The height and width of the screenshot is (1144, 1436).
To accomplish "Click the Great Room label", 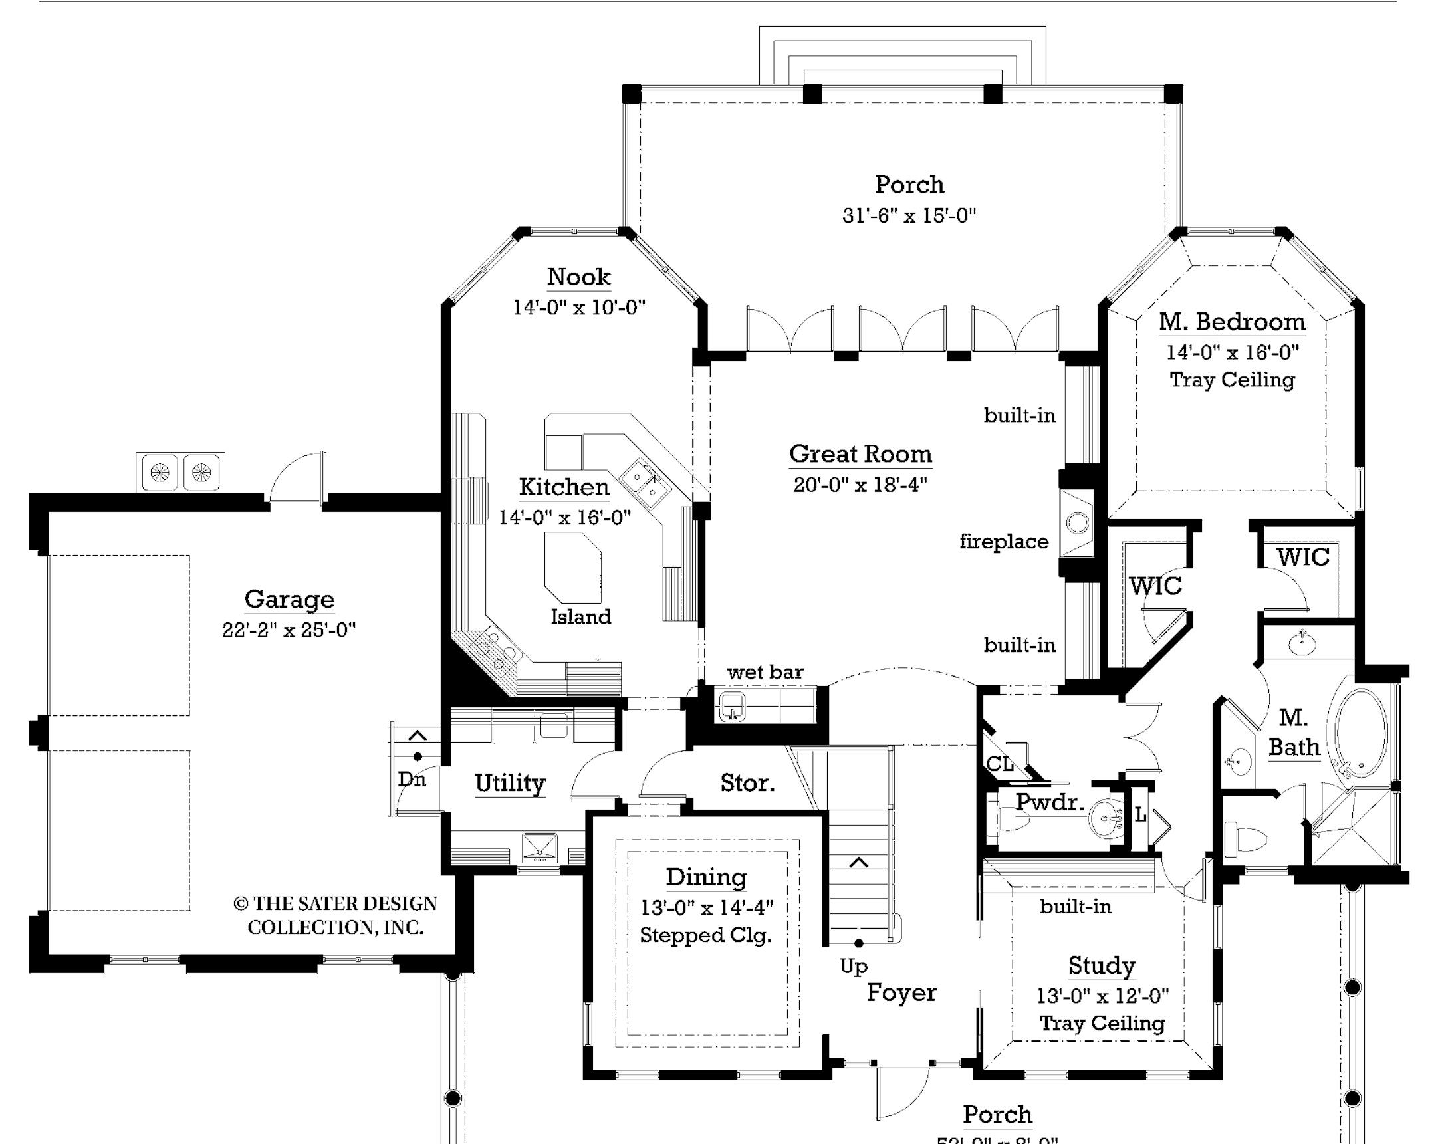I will click(860, 454).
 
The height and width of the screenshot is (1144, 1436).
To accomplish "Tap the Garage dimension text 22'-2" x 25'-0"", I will click(289, 630).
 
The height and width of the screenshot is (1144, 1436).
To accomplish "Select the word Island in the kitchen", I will click(580, 617).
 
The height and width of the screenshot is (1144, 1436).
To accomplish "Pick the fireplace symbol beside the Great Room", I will click(1077, 523).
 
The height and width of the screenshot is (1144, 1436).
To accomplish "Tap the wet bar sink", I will click(732, 706).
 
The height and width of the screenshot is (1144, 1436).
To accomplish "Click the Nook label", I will click(578, 277).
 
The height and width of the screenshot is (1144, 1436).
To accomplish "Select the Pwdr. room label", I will click(1049, 802).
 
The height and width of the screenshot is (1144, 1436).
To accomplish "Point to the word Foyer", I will click(901, 993).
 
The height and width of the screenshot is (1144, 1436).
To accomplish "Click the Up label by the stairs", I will click(853, 967).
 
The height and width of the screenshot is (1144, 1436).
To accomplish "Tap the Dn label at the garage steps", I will click(412, 779).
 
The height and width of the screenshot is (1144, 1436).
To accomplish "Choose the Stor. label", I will click(747, 783).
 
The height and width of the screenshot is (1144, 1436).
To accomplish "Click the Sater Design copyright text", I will click(335, 915).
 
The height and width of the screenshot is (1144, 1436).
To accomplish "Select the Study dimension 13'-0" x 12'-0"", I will click(1102, 996).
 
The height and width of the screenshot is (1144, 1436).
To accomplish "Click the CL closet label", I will click(999, 764).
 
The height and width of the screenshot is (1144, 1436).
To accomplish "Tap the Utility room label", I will click(509, 783).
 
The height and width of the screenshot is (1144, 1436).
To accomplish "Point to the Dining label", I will click(706, 877).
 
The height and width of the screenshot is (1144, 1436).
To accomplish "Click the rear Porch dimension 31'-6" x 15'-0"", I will click(909, 216).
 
